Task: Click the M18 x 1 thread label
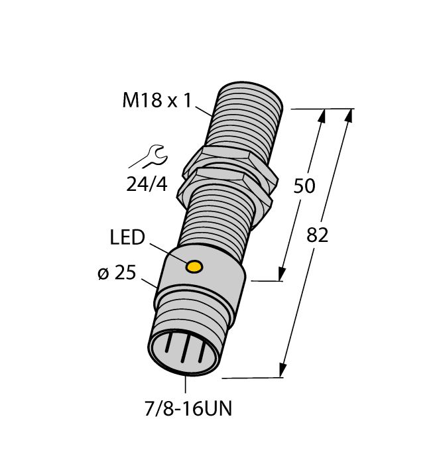156,101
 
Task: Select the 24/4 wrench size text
147,184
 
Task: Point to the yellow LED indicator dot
194,266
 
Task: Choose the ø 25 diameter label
120,274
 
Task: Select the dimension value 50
304,187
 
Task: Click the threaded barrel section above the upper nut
245,116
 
